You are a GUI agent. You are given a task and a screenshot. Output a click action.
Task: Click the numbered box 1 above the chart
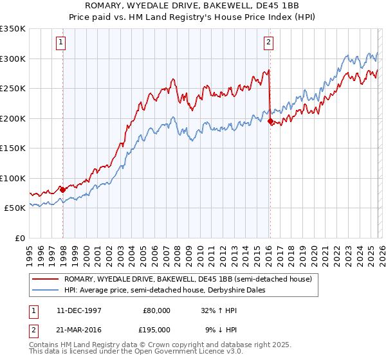point(60,43)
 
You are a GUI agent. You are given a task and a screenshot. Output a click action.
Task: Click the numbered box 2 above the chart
point(268,43)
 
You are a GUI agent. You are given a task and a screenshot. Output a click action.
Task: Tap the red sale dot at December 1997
point(62,190)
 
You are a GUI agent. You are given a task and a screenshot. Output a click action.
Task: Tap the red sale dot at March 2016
point(270,121)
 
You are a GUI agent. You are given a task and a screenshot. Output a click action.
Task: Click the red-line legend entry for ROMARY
point(188,279)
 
